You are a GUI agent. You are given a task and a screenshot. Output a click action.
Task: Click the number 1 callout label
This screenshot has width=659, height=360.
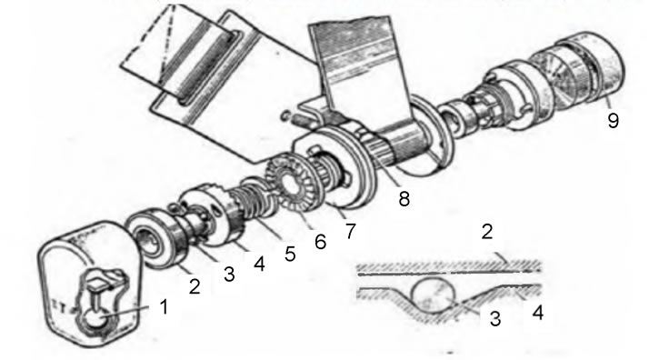pos(165,306)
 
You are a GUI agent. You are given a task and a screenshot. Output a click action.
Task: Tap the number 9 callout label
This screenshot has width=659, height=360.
pos(614,121)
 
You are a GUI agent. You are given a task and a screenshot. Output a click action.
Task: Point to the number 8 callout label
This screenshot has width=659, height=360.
pos(404,198)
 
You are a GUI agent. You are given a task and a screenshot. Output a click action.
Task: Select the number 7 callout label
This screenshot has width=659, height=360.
pos(350,231)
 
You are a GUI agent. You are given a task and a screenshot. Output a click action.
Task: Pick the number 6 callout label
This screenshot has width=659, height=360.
pos(320,242)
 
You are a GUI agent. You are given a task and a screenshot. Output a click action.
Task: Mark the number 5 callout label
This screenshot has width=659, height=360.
pos(290,254)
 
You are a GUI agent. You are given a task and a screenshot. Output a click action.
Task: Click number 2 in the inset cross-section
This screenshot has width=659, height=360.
pos(486,232)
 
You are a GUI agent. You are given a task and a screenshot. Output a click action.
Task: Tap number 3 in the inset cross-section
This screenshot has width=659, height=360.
pos(495,318)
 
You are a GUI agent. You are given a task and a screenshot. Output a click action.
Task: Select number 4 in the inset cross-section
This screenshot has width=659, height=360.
pos(538,314)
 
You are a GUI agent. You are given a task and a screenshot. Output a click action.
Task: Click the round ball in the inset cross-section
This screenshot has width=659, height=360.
pos(434,297)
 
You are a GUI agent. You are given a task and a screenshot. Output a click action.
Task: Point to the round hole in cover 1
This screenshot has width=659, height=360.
pos(96,321)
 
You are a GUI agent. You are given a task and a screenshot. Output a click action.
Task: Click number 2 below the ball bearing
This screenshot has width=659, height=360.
pos(195,286)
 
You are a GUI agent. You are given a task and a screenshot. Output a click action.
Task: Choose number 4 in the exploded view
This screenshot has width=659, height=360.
pos(259,265)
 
